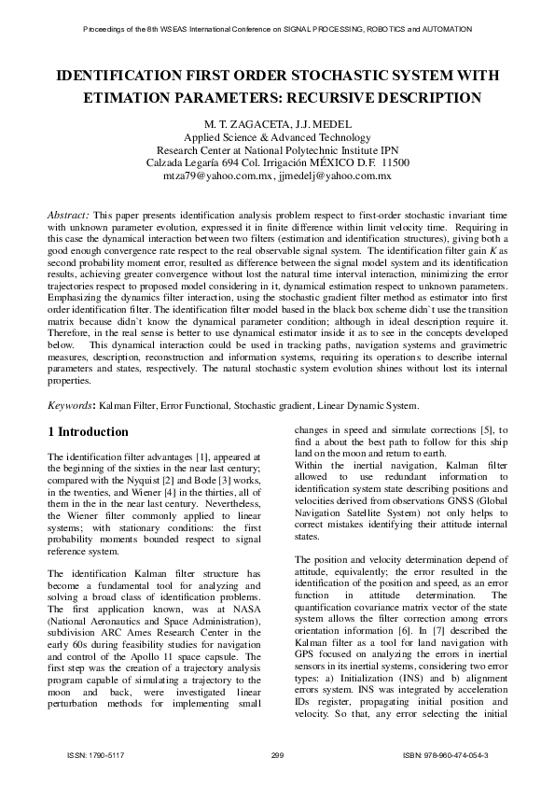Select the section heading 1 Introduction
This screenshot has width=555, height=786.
(x=88, y=432)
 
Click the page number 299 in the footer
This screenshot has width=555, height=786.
(x=276, y=754)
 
